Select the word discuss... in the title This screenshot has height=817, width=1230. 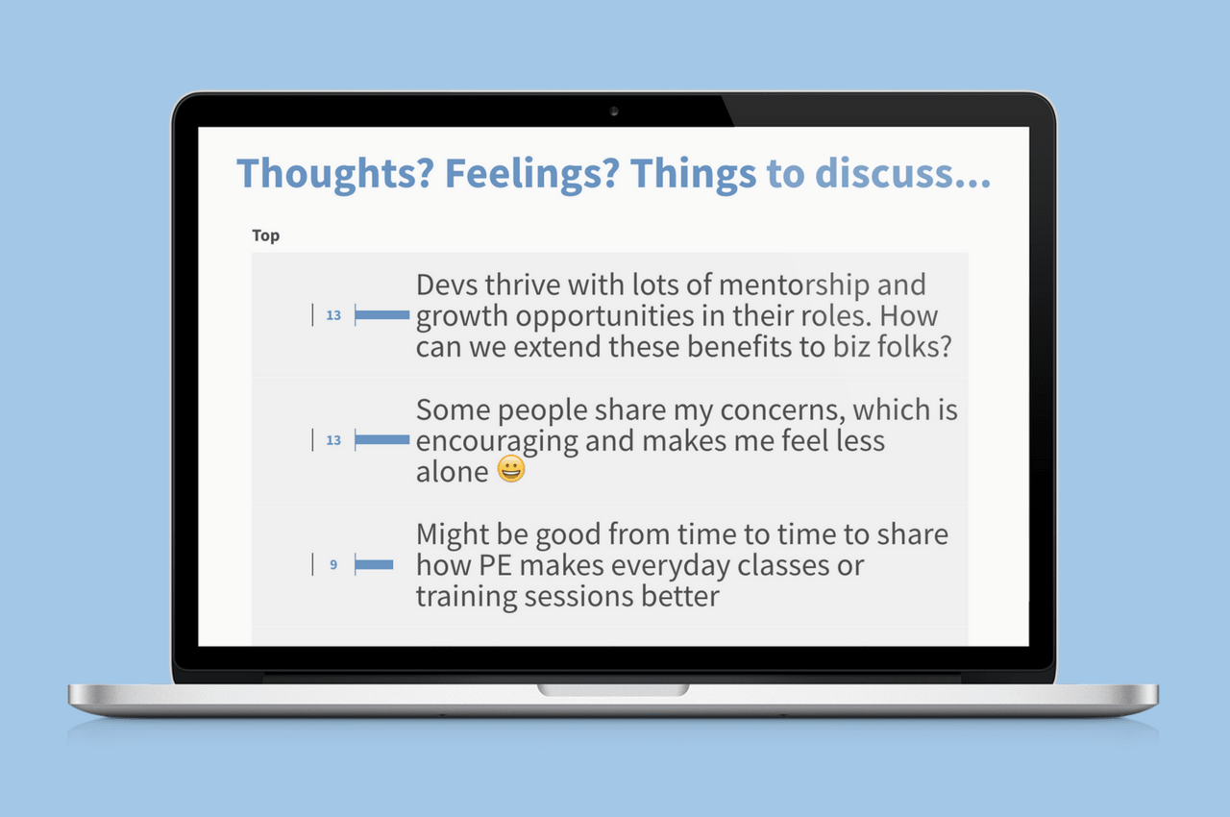click(x=904, y=174)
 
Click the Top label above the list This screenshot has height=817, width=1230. click(x=266, y=235)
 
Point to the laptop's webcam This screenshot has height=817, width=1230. click(x=614, y=111)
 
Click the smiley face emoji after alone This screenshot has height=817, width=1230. click(x=511, y=470)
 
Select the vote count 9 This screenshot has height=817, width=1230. click(x=333, y=565)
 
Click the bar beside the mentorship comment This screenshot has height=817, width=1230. click(x=382, y=315)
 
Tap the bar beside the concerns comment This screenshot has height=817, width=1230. click(x=382, y=440)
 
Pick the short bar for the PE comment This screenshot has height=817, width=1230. click(x=375, y=565)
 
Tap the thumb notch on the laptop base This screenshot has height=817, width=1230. click(x=613, y=690)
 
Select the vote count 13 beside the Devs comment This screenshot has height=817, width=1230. click(x=333, y=315)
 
